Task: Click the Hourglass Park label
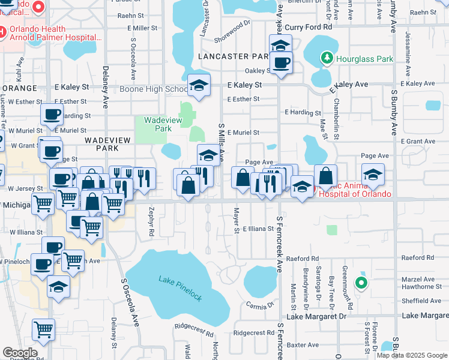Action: point(365,59)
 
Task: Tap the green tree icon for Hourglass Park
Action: point(327,58)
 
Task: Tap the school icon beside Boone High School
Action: point(199,86)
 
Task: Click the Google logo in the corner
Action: point(20,353)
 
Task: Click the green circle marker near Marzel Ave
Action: point(361,283)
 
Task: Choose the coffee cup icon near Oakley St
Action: point(280,62)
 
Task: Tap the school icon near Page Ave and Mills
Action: point(208,155)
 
